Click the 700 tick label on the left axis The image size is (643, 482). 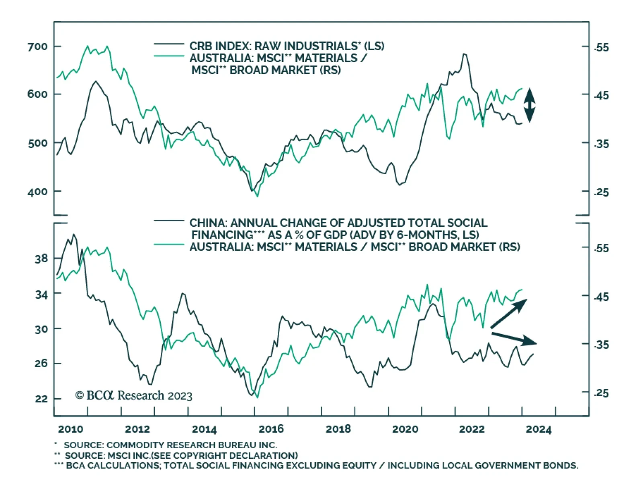(x=37, y=47)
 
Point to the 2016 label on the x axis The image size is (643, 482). (x=271, y=429)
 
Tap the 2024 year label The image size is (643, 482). (x=539, y=429)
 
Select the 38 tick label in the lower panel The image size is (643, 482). (x=41, y=259)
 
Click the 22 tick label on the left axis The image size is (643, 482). (x=41, y=399)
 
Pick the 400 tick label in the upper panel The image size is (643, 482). (x=37, y=192)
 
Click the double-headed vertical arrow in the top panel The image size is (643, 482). (x=529, y=105)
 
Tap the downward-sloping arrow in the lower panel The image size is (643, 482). (x=514, y=339)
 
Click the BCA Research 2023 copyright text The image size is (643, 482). (x=134, y=396)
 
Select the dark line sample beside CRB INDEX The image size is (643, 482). (x=169, y=44)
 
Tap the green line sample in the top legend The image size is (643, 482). (x=169, y=56)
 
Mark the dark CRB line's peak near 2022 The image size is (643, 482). (x=465, y=54)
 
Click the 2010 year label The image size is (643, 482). (x=70, y=429)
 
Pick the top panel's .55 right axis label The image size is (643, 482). (x=601, y=47)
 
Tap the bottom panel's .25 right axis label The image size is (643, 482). (x=601, y=393)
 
